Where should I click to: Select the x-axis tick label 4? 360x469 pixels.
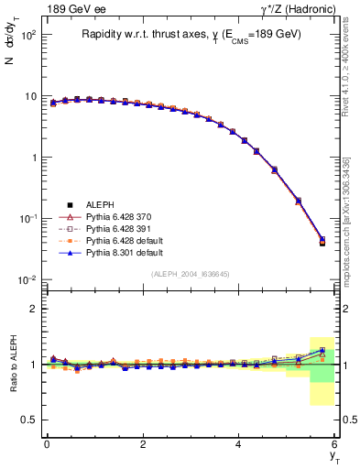(238, 444)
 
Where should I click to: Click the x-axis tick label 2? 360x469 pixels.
(143, 444)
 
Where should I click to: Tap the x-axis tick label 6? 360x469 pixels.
(334, 444)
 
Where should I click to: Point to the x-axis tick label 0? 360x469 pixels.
(47, 444)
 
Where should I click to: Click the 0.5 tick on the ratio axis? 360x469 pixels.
(31, 420)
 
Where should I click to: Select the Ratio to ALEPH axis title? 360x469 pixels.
(13, 364)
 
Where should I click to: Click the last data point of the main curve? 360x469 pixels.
(322, 242)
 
